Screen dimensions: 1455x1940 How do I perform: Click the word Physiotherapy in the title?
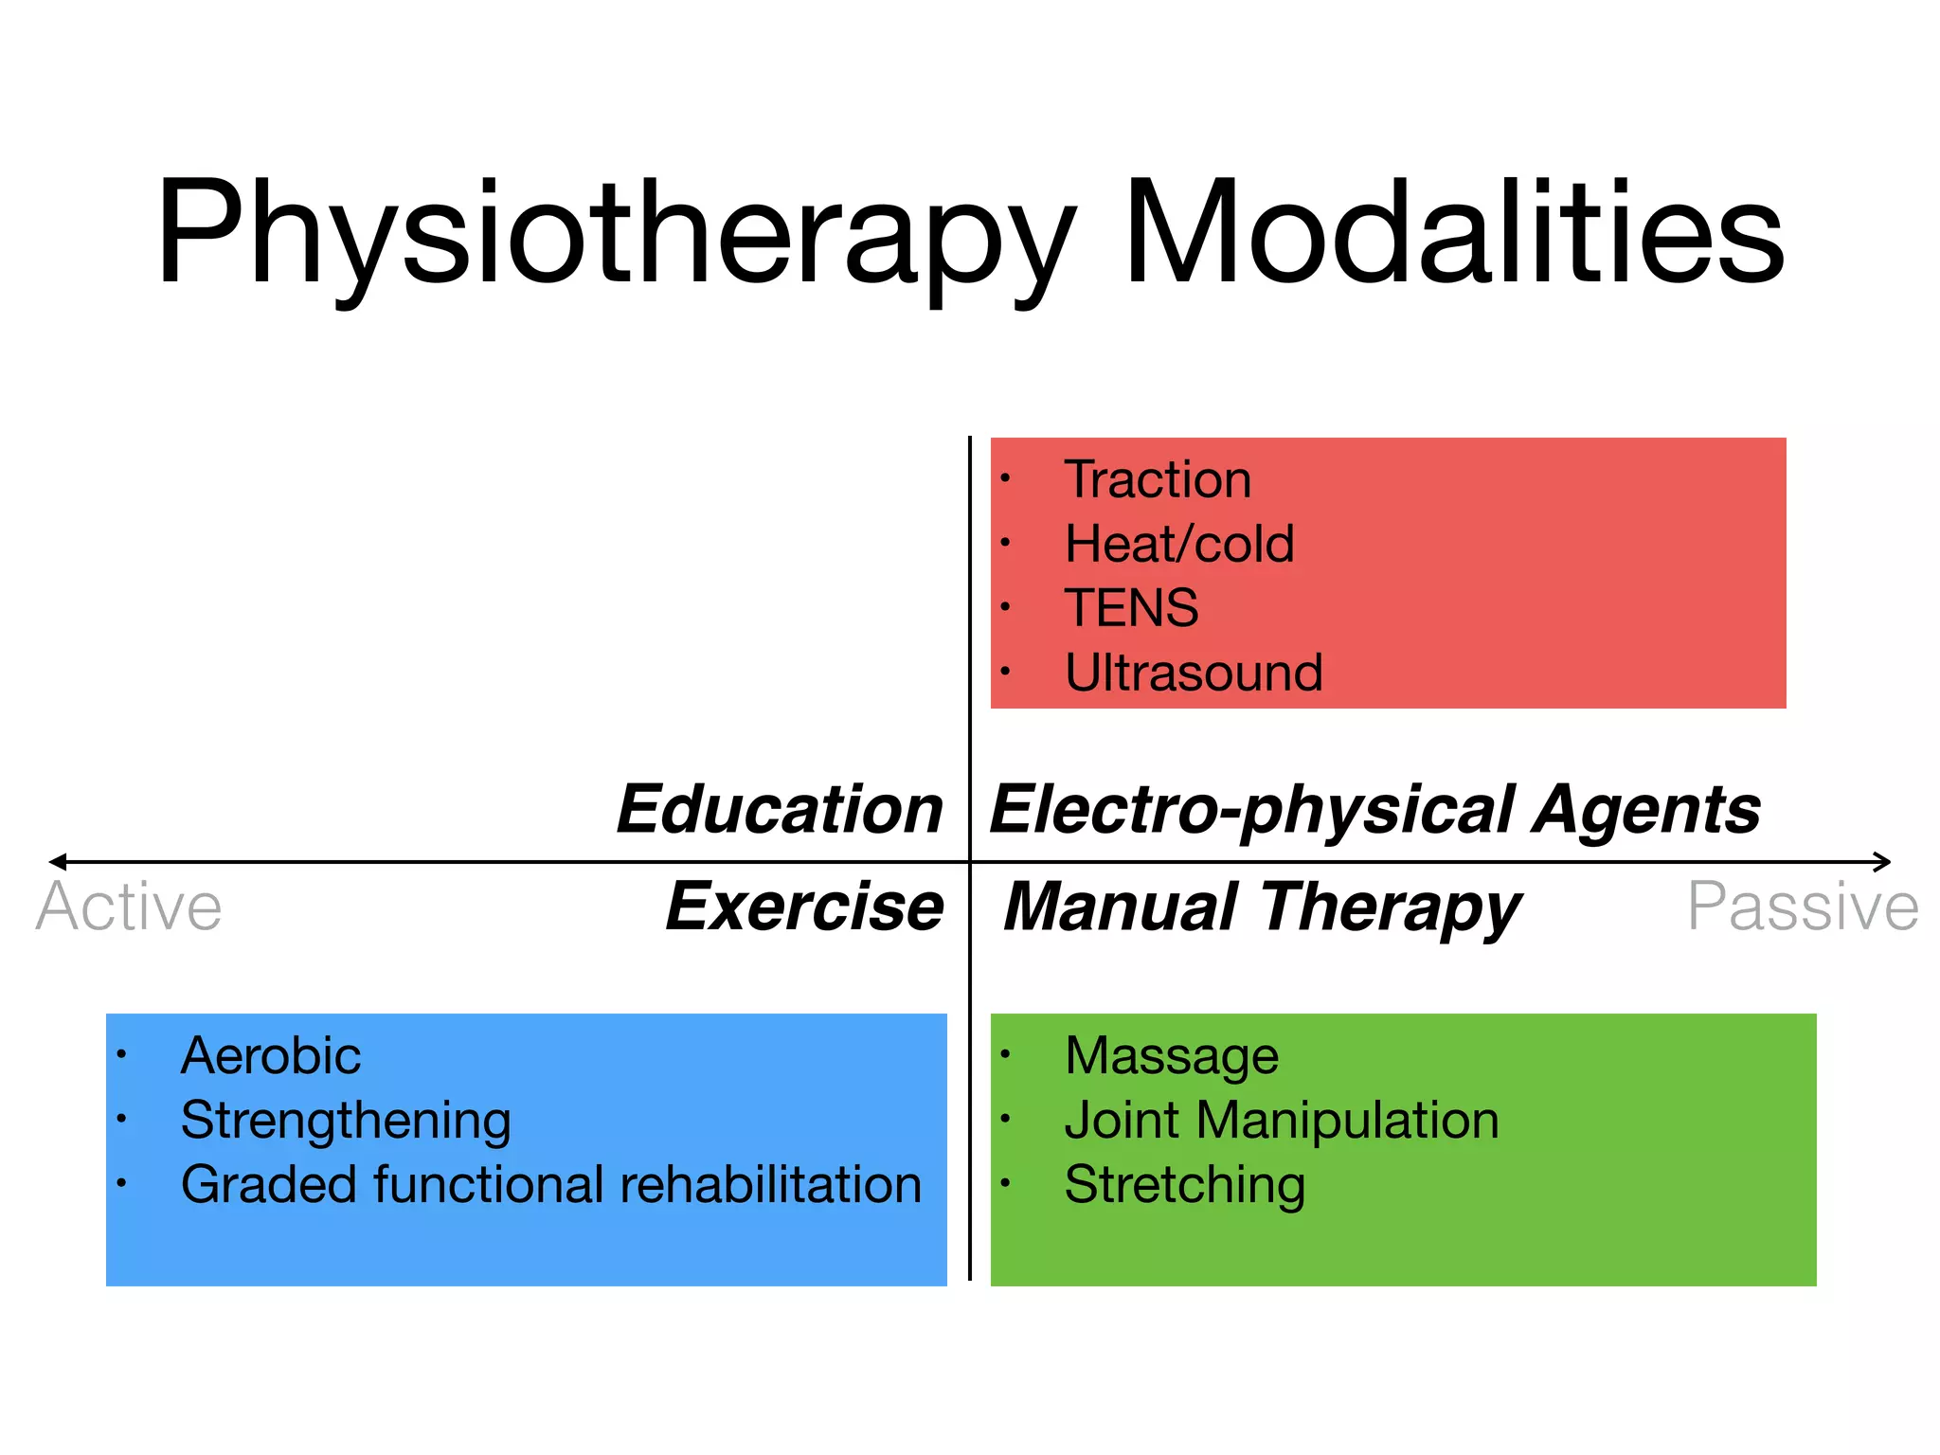[616, 237]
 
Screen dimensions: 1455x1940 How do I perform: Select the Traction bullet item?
[1158, 479]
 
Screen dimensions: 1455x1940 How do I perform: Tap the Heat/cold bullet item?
[1179, 544]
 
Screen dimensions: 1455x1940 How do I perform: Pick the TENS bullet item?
[1131, 607]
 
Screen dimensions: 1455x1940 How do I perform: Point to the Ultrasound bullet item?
[1194, 673]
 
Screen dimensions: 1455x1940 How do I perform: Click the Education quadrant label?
[780, 810]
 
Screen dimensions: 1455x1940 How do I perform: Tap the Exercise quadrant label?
[804, 907]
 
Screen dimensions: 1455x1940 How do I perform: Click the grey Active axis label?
[129, 907]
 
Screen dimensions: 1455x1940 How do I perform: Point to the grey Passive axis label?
[1803, 907]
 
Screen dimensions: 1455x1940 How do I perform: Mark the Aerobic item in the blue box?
[271, 1055]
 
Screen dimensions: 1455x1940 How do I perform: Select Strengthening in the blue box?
[346, 1121]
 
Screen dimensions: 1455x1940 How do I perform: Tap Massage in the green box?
[1172, 1055]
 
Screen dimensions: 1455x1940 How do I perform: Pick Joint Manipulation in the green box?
[1282, 1120]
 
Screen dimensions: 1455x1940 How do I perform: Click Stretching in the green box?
[1185, 1185]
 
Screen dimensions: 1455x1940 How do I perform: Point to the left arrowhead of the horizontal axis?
[57, 861]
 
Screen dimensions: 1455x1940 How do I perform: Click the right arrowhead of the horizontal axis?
[1883, 861]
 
